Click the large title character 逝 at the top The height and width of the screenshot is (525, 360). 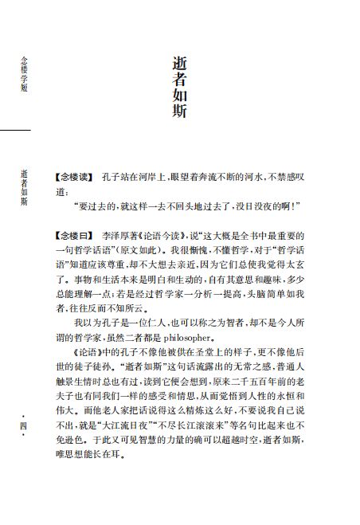coord(180,63)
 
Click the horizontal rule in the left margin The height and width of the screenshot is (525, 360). coord(15,129)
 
